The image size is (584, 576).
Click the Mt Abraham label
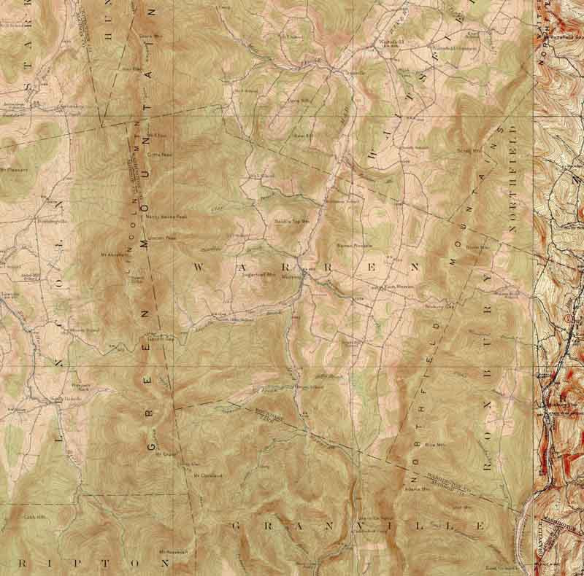pos(113,254)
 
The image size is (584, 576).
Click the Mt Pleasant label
pos(13,170)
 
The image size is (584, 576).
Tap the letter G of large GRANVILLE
pos(236,525)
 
